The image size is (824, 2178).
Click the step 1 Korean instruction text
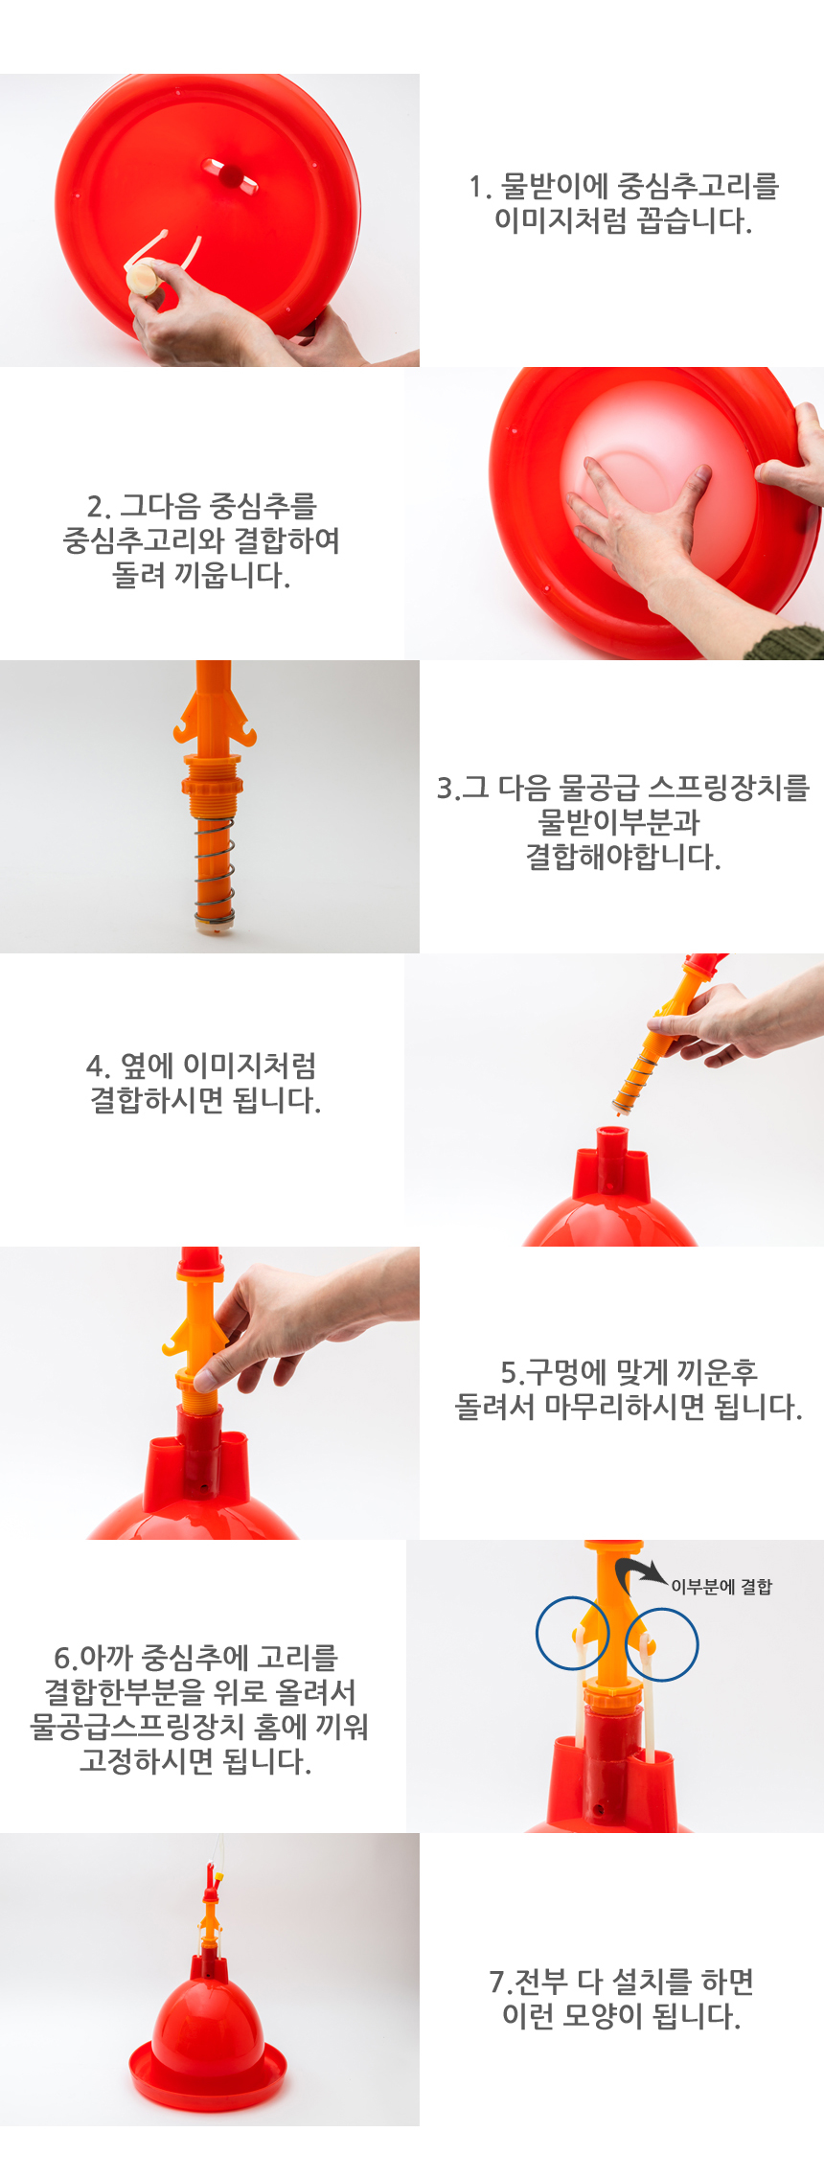pos(623,203)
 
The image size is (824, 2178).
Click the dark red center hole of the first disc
pos(231,175)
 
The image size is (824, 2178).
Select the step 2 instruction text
pos(201,540)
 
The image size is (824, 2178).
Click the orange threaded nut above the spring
pos(213,775)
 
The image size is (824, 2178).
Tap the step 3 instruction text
pos(623,822)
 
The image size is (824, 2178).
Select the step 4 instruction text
pos(203,1083)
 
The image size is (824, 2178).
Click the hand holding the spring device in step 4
pos(728,1025)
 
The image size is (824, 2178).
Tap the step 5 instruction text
pos(628,1389)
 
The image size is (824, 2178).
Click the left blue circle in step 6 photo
pos(572,1633)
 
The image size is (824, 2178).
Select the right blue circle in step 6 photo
pos(662,1644)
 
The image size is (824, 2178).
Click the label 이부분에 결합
pos(721,1587)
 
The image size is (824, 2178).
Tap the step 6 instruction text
pos(197,1709)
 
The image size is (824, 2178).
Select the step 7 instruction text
pos(621,1999)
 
